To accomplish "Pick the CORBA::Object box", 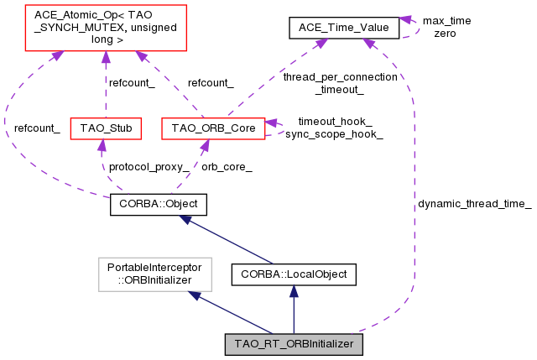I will pyautogui.click(x=158, y=204).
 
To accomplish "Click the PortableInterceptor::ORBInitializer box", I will pyautogui.click(x=155, y=274).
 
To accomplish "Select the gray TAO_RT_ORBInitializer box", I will pyautogui.click(x=293, y=344).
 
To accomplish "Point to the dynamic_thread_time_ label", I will pyautogui.click(x=474, y=204).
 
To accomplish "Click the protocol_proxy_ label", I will pyautogui.click(x=149, y=166).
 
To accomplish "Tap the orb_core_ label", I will pyautogui.click(x=227, y=166).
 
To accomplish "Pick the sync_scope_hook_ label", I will pyautogui.click(x=334, y=134).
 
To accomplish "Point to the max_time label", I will pyautogui.click(x=446, y=20).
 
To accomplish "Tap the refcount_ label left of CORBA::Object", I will pyautogui.click(x=36, y=129).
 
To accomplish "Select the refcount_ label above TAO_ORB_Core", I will pyautogui.click(x=211, y=82).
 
